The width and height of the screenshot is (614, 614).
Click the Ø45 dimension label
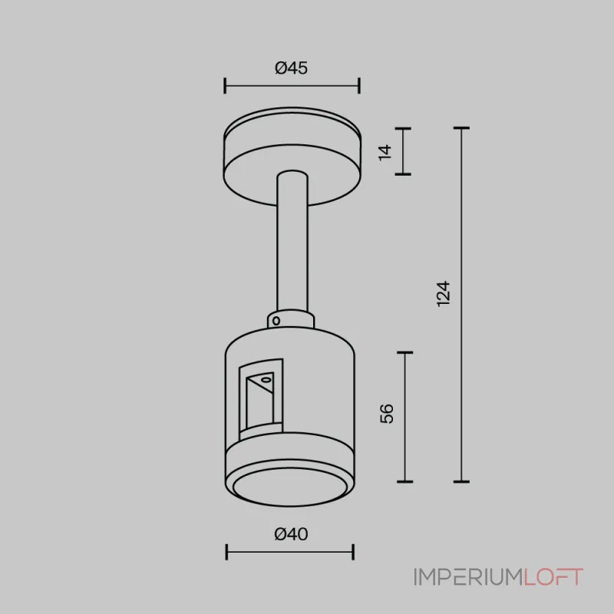coord(291,68)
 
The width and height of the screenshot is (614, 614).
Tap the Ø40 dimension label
coord(291,534)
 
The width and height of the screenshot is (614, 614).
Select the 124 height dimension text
coord(444,294)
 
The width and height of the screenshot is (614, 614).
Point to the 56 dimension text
coord(387,414)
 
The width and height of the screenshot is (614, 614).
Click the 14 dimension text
coord(385,152)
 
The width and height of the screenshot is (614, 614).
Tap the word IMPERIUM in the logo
coord(469,577)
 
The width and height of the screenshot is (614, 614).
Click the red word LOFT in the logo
coord(553,577)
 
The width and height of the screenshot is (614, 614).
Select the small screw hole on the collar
coord(276,321)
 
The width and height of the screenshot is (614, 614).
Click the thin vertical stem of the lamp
coord(292,243)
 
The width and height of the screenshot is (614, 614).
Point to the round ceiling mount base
coord(292,157)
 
